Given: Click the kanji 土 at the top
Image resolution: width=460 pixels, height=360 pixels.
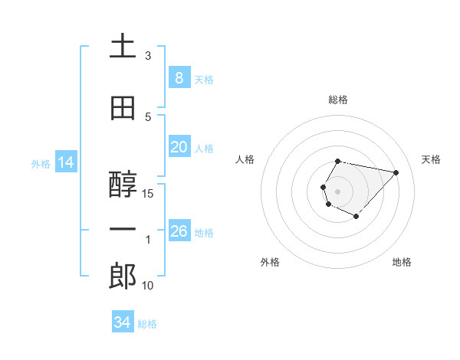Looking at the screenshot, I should (123, 47).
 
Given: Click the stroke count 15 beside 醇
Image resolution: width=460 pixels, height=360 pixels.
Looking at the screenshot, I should (148, 194).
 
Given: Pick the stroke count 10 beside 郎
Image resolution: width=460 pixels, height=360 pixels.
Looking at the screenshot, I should (148, 286).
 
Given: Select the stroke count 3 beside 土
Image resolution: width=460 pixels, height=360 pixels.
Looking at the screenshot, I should (148, 56).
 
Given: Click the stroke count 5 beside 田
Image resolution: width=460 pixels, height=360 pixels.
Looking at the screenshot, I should (148, 116).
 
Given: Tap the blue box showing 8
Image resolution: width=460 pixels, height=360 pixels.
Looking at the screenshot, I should (179, 78).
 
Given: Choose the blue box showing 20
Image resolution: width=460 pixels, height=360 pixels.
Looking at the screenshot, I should (179, 147).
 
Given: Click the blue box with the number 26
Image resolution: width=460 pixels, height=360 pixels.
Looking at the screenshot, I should (179, 231).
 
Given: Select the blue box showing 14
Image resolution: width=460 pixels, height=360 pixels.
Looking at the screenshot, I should (65, 162).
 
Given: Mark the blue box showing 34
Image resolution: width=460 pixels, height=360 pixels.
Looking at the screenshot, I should (122, 322).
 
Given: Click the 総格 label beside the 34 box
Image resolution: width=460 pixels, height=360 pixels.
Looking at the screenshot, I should (147, 324).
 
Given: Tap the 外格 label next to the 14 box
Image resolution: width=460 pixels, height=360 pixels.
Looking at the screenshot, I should (41, 164).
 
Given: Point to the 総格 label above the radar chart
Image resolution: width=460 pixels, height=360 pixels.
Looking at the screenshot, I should (337, 100).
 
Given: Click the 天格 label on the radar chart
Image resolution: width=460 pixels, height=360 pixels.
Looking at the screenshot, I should (431, 159).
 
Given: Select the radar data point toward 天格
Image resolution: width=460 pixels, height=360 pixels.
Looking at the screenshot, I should (396, 172).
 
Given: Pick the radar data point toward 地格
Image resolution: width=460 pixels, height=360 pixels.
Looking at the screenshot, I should (356, 217).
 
